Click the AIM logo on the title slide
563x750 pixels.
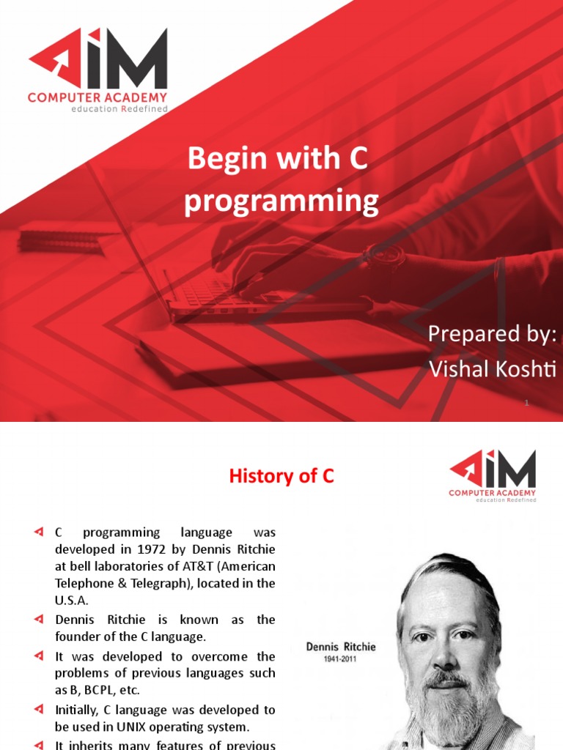97,70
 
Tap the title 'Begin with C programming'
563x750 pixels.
281,179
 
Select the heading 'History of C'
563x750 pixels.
281,476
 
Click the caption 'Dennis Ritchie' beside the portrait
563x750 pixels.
341,647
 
